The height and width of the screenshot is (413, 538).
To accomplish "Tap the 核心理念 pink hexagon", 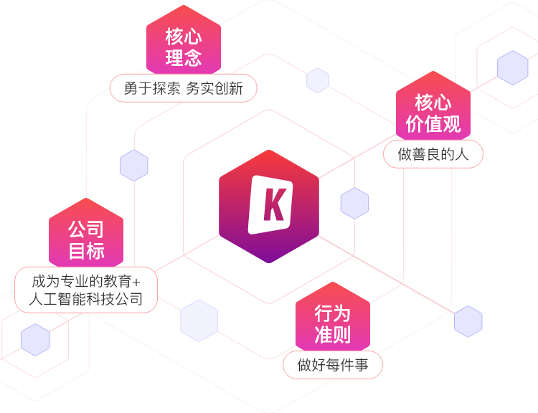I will coord(184,47).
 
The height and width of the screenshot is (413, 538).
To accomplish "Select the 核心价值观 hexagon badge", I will coord(433,113).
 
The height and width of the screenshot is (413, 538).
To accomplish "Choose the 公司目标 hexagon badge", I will coord(86,239).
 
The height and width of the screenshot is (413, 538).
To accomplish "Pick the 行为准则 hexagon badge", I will coord(332,323).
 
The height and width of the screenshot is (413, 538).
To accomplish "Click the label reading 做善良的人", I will coord(433,154).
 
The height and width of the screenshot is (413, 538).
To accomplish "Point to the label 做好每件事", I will coord(333,365).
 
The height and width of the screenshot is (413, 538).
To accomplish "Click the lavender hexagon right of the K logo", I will coord(354,204).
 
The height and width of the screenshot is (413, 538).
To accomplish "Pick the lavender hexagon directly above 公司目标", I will coord(133,166).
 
